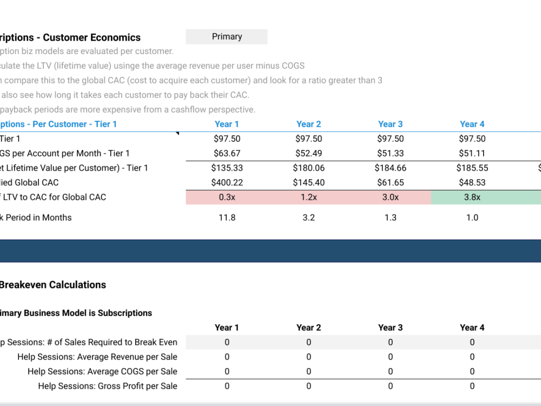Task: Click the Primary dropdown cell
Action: [x=227, y=37]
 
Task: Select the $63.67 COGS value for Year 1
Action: [x=227, y=153]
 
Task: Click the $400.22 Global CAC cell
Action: [x=227, y=182]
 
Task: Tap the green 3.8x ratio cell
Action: [x=472, y=197]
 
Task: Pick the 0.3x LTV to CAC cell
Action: [x=227, y=197]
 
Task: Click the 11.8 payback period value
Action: [x=227, y=218]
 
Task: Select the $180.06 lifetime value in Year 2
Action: [x=308, y=168]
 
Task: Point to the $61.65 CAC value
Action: [x=390, y=182]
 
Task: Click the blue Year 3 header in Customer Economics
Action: [x=390, y=124]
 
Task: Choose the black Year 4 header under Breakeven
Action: [x=472, y=328]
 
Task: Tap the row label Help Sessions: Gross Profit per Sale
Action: [x=107, y=386]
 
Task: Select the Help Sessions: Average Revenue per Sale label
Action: [x=97, y=357]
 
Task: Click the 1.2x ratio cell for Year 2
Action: [x=308, y=197]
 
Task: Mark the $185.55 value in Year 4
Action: [x=472, y=168]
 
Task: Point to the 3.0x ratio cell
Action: [x=390, y=197]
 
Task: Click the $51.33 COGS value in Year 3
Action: [x=390, y=153]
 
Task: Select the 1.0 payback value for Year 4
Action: [x=472, y=218]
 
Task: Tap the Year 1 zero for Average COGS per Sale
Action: [x=227, y=371]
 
